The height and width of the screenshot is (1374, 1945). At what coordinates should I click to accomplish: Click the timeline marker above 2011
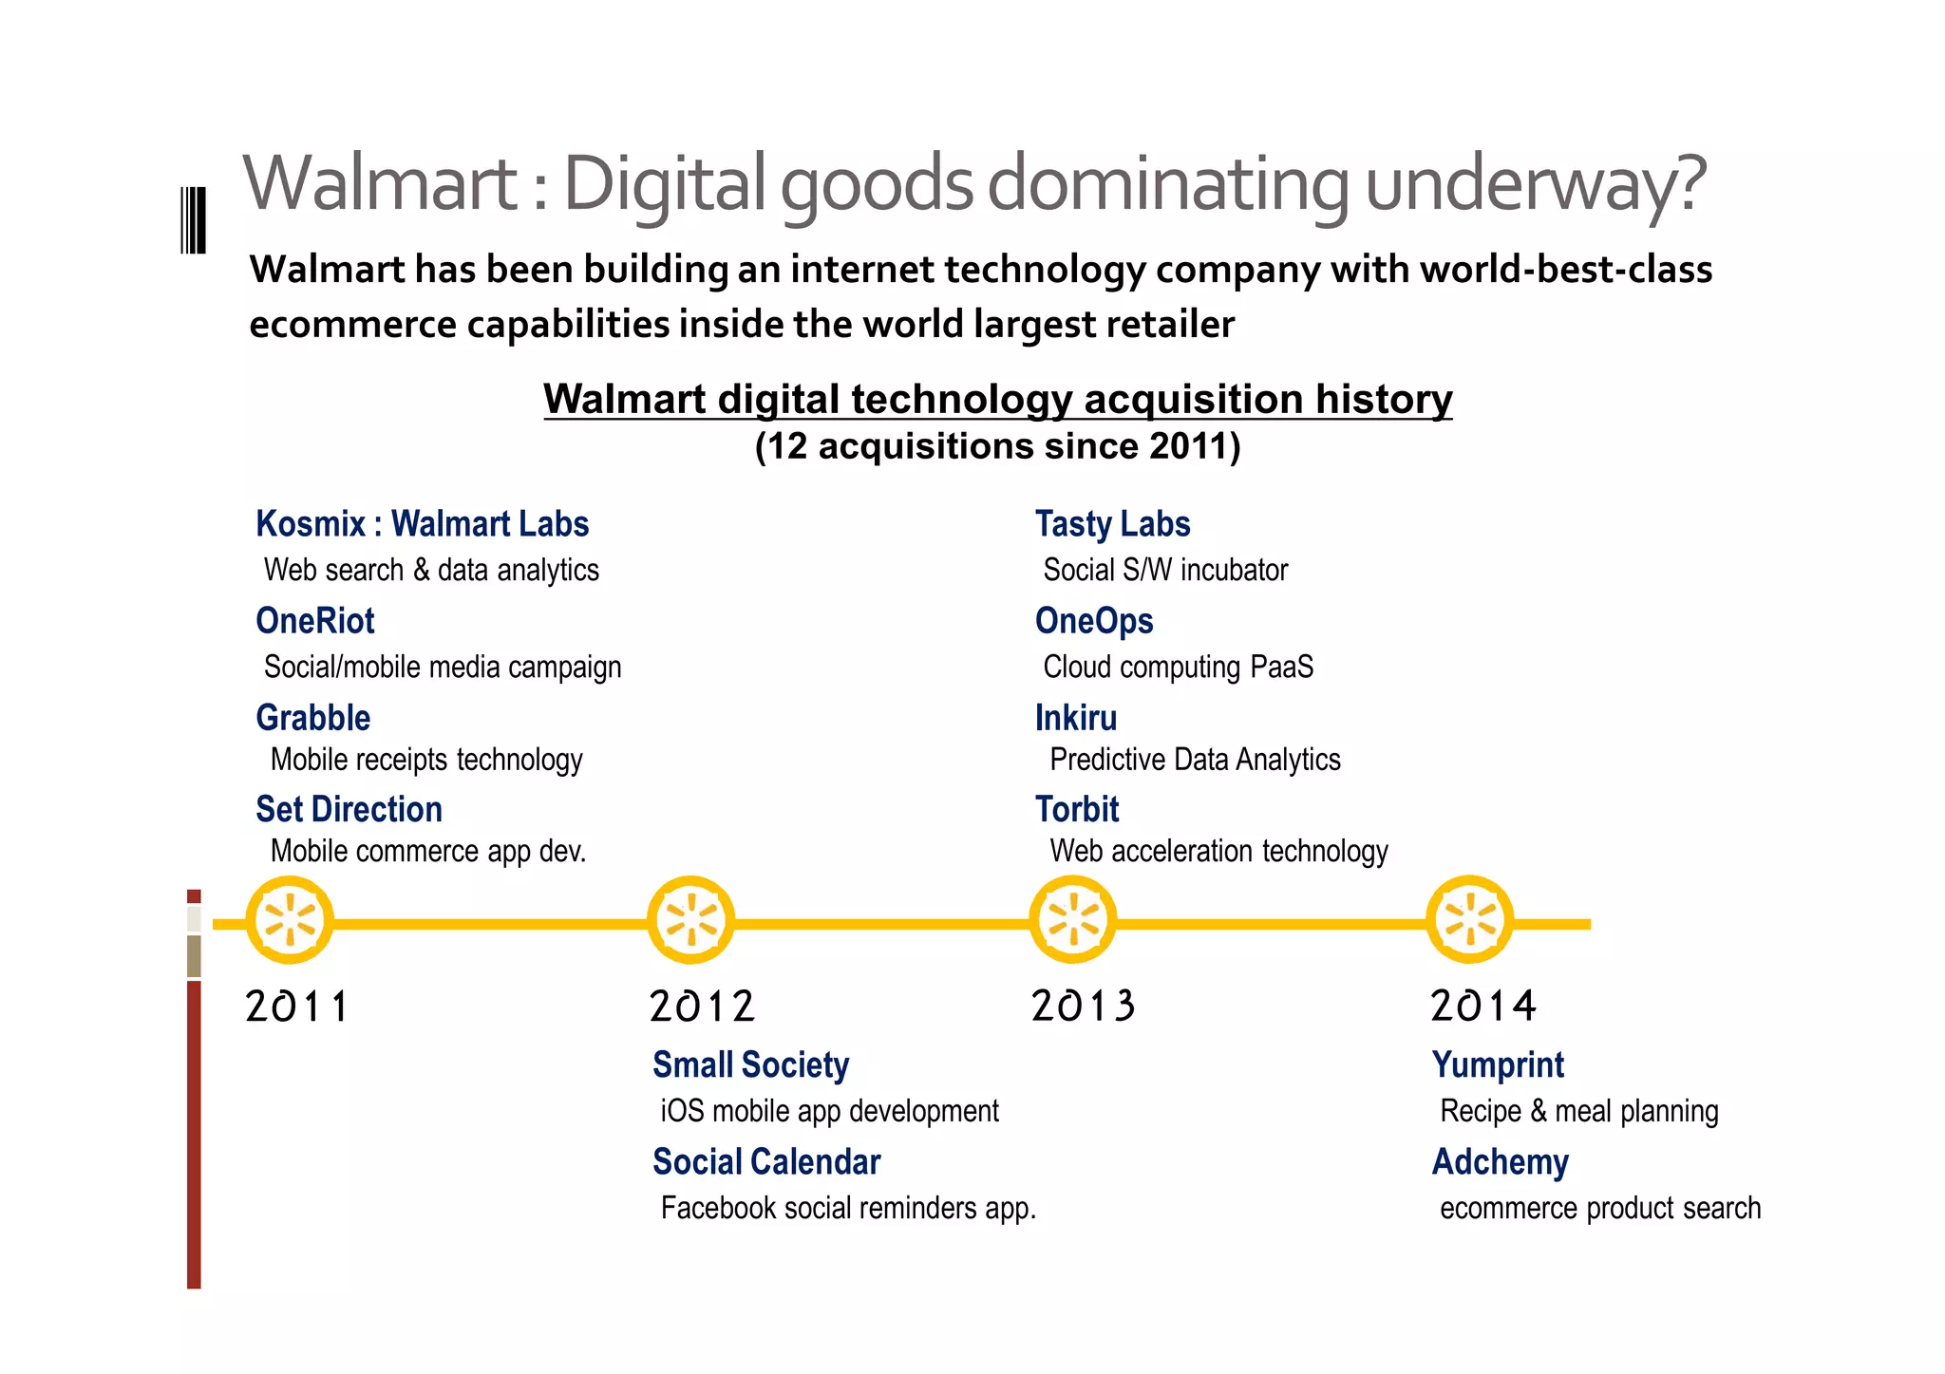(x=290, y=919)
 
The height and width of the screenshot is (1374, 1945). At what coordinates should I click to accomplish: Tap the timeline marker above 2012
(x=690, y=919)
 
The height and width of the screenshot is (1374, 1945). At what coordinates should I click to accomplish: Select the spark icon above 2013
(x=1073, y=919)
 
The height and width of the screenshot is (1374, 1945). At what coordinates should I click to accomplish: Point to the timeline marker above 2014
(x=1469, y=919)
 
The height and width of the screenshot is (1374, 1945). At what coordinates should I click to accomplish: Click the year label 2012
(x=702, y=1006)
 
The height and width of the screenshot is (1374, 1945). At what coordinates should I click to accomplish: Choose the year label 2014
(x=1482, y=1006)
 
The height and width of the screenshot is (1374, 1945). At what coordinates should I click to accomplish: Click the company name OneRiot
(x=315, y=621)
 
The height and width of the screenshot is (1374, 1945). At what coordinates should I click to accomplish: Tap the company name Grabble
(x=313, y=718)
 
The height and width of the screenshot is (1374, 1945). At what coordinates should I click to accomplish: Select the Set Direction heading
(x=349, y=809)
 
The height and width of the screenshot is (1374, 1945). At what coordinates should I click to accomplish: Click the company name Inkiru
(x=1076, y=718)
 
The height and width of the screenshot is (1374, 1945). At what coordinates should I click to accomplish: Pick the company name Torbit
(x=1077, y=809)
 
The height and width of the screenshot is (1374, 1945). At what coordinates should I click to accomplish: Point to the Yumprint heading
(x=1498, y=1064)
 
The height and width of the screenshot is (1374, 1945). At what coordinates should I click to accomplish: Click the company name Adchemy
(x=1501, y=1161)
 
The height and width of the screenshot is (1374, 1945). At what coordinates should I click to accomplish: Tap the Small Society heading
(x=750, y=1064)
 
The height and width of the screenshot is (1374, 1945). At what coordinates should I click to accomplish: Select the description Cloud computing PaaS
(x=1178, y=667)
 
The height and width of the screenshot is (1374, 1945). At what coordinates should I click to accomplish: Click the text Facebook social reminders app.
(x=848, y=1208)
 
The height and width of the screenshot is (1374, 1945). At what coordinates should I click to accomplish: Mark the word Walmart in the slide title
(x=380, y=182)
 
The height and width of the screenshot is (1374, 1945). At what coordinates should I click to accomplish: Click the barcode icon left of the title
(x=193, y=220)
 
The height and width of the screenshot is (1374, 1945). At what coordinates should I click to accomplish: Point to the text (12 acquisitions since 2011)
(x=997, y=446)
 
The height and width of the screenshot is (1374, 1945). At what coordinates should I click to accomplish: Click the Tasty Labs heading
(x=1112, y=524)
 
